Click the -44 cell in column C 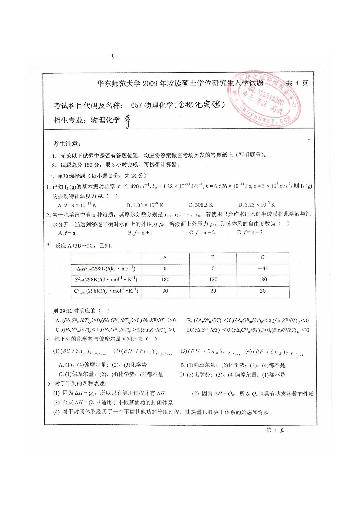click(263, 269)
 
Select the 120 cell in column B click(213, 279)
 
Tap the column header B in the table click(213, 257)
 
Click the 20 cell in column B click(213, 291)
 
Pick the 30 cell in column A click(165, 291)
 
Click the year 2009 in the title click(150, 84)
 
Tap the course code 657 click(136, 105)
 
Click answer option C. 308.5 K click(201, 205)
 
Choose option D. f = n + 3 click(250, 233)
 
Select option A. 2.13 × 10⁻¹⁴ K click(77, 205)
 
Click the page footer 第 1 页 click(276, 430)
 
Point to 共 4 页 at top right click(297, 83)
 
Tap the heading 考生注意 click(67, 144)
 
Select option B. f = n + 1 click(140, 233)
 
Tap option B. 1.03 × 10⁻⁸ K click(145, 205)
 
